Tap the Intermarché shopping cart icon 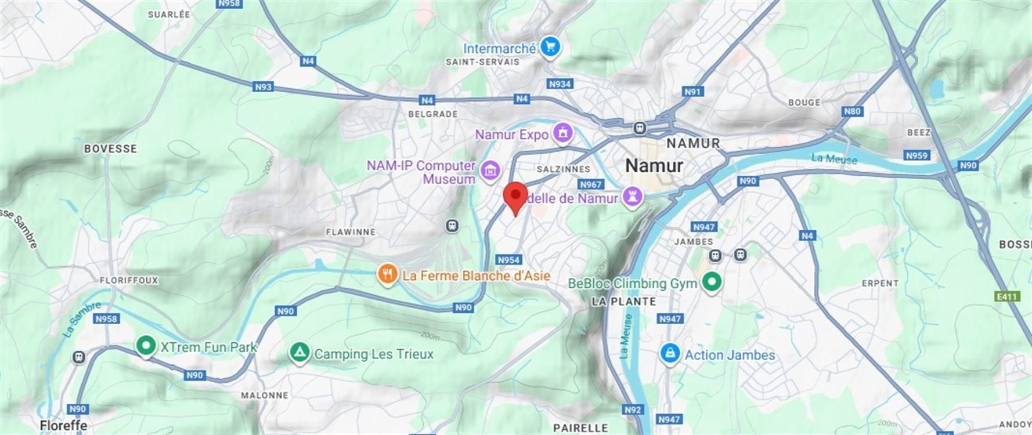pyautogui.click(x=550, y=47)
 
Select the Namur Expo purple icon pyautogui.click(x=562, y=133)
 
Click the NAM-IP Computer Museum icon pyautogui.click(x=491, y=171)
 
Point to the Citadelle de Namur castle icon pyautogui.click(x=633, y=197)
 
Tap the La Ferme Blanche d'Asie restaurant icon pyautogui.click(x=387, y=274)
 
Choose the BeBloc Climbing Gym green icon pyautogui.click(x=712, y=282)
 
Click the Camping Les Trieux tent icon pyautogui.click(x=300, y=353)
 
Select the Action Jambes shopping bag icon pyautogui.click(x=670, y=354)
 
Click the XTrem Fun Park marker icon pyautogui.click(x=146, y=346)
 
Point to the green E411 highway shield pyautogui.click(x=1007, y=296)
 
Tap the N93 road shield pyautogui.click(x=263, y=87)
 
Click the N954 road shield pyautogui.click(x=508, y=260)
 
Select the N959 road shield pyautogui.click(x=916, y=155)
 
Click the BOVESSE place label pyautogui.click(x=110, y=149)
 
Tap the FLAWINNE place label pyautogui.click(x=351, y=232)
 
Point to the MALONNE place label pyautogui.click(x=265, y=396)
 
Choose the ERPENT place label pyautogui.click(x=880, y=283)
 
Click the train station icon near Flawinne pyautogui.click(x=453, y=226)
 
